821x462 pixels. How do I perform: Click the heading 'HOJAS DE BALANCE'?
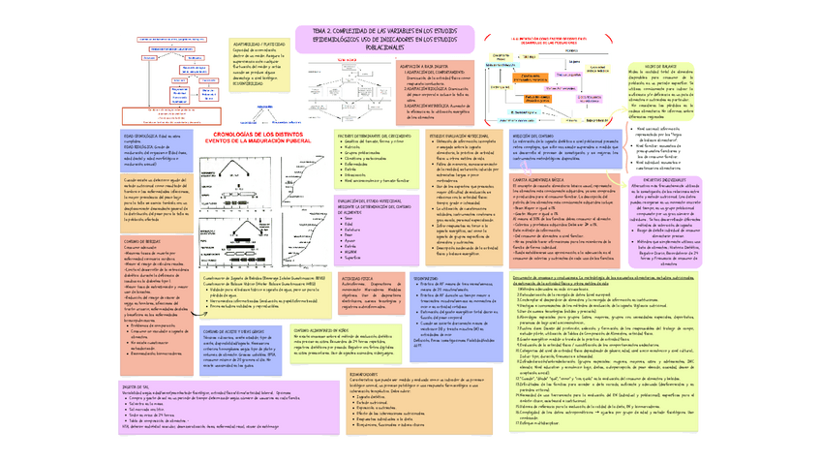668,65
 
